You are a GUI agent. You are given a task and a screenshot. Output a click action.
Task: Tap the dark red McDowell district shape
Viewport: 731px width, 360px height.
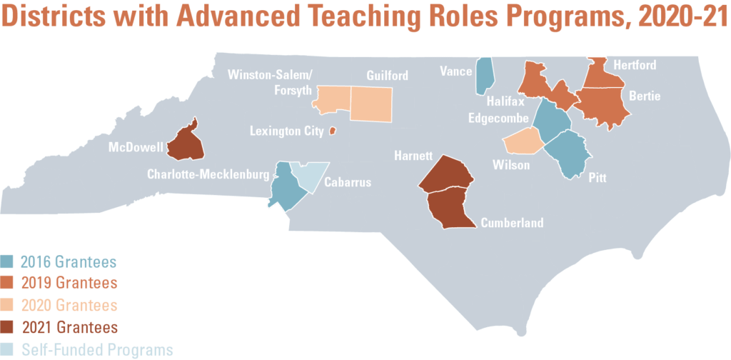[186, 141]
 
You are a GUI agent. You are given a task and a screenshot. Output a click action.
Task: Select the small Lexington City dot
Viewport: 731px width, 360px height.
[332, 131]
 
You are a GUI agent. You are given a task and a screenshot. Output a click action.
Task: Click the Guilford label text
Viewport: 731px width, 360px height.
[386, 76]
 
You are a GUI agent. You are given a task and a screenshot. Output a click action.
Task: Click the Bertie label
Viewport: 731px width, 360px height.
[645, 96]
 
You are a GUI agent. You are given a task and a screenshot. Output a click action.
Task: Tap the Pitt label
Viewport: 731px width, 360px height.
[597, 178]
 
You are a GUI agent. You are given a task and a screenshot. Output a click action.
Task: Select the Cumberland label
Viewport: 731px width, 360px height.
[512, 223]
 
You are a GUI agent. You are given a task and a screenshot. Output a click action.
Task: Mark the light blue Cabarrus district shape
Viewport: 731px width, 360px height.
[311, 174]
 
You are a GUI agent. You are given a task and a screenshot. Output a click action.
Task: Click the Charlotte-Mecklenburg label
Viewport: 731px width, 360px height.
[208, 174]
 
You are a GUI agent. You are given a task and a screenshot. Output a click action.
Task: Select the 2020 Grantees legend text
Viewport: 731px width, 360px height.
[69, 306]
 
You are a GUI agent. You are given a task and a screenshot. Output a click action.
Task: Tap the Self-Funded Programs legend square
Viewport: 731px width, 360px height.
[8, 350]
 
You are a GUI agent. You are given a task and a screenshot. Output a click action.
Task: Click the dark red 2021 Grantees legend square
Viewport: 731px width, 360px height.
[8, 328]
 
